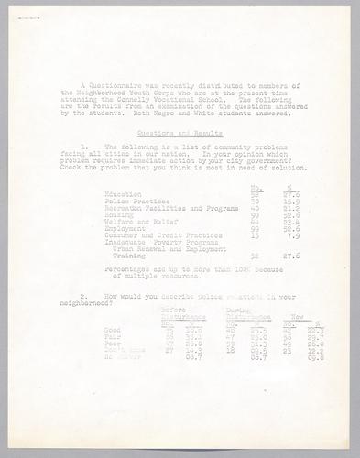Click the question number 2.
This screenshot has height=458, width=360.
83,297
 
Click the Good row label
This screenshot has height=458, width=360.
114,330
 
